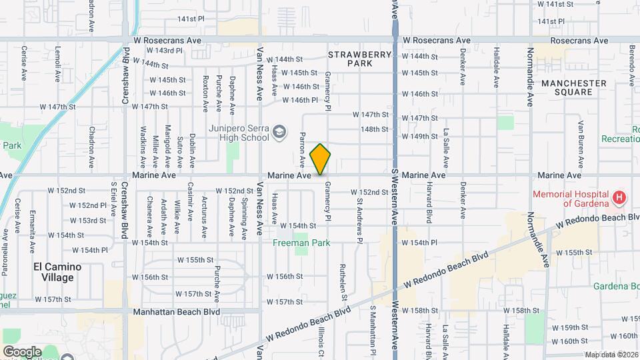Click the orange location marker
[x=321, y=159]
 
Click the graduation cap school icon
[x=281, y=133]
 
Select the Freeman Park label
[x=302, y=243]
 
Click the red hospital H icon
[x=619, y=198]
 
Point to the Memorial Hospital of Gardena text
[x=571, y=198]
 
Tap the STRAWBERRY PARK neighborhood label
[x=350, y=58]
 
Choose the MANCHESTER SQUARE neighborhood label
[x=573, y=88]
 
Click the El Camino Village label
[x=57, y=272]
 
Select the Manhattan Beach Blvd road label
[x=176, y=311]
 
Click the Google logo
[x=22, y=351]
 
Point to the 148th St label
[x=374, y=129]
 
